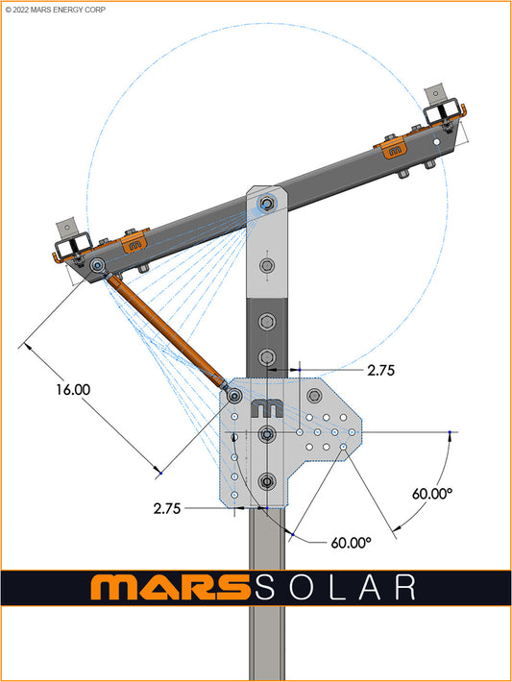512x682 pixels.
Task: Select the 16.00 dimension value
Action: [73, 390]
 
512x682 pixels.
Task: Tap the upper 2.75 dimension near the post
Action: [380, 368]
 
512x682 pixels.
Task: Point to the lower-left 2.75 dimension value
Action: [166, 509]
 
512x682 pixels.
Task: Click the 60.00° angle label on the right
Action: [432, 493]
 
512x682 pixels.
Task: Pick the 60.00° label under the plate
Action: [351, 542]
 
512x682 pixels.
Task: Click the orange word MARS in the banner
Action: [164, 587]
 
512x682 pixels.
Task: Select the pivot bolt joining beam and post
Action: [268, 203]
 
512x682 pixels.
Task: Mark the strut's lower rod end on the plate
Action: [233, 394]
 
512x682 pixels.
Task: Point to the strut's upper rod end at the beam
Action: [99, 265]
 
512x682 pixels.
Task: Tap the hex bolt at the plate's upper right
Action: [315, 395]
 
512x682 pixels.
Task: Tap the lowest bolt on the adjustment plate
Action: [267, 481]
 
